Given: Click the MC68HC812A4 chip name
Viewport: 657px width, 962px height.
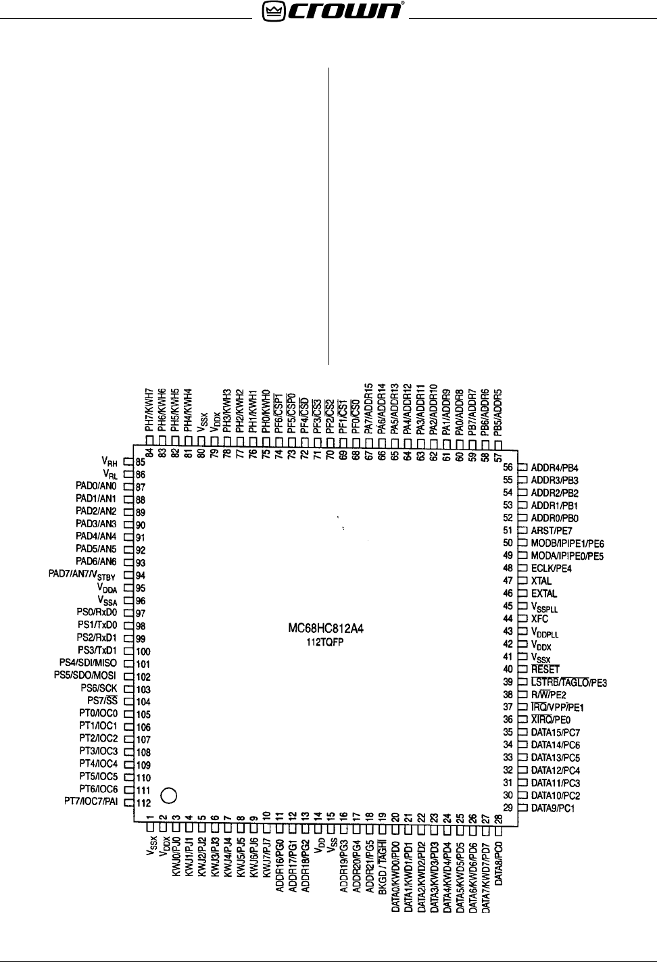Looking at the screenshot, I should (x=326, y=629).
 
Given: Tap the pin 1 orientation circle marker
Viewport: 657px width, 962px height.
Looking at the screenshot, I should (x=169, y=795).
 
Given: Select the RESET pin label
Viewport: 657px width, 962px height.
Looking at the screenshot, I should (x=545, y=669).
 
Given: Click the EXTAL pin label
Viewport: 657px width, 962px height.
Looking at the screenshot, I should (x=544, y=594).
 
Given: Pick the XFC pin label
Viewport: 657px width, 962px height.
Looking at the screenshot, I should (x=539, y=619).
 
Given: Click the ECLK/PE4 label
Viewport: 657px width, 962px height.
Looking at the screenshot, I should (x=551, y=569).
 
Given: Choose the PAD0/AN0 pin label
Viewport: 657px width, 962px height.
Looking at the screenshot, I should (x=96, y=486).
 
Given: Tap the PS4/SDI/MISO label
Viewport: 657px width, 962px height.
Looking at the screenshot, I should (x=88, y=663).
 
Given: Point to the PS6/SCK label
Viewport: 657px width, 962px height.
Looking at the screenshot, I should (x=99, y=688).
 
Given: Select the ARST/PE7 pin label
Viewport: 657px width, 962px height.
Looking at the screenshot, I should (x=552, y=531).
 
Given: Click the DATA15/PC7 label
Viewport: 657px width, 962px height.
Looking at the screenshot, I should (x=555, y=732).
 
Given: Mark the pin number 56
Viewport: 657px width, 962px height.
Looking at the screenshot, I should (x=508, y=467).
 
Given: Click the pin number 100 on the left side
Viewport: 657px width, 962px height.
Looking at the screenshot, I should (x=143, y=652).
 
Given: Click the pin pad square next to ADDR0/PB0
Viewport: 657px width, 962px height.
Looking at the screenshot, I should (x=522, y=518).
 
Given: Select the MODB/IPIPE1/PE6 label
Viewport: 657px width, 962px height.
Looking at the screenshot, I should (x=567, y=544).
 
